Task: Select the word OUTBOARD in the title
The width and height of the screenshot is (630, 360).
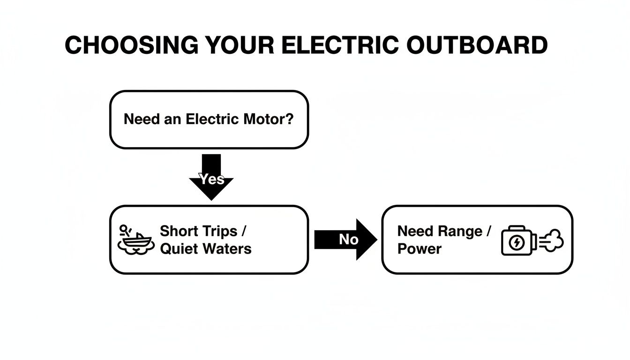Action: [x=477, y=45]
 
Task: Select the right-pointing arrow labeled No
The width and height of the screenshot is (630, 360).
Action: [x=345, y=240]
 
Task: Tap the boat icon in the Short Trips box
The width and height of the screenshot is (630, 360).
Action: [x=136, y=240]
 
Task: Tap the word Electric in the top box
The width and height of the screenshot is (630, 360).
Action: [x=213, y=119]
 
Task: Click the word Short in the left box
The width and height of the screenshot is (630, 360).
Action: [x=178, y=231]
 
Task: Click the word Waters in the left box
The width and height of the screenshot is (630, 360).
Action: [x=227, y=248]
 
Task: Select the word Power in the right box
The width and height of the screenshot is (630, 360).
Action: [x=419, y=249]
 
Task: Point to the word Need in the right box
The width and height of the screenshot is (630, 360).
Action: [x=415, y=232]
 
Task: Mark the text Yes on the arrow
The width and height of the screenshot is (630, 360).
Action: [x=211, y=179]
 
